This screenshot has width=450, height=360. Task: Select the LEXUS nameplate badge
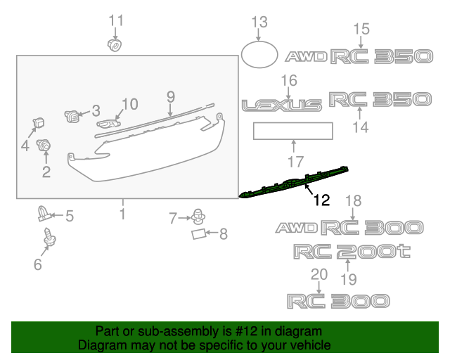(x=282, y=105)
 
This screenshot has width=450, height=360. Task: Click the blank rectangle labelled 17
(x=293, y=130)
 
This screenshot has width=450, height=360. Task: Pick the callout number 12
(x=321, y=200)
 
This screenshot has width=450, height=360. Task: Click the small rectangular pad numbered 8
(x=200, y=233)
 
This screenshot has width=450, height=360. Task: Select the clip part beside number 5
(x=44, y=212)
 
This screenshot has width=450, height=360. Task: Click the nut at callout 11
(x=113, y=46)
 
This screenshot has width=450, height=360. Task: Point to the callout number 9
(x=169, y=96)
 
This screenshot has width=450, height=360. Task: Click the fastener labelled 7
(x=199, y=214)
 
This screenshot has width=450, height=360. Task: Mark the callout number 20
(x=319, y=274)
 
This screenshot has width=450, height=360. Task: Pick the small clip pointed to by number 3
(x=72, y=115)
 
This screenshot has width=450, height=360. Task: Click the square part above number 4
(x=38, y=124)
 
